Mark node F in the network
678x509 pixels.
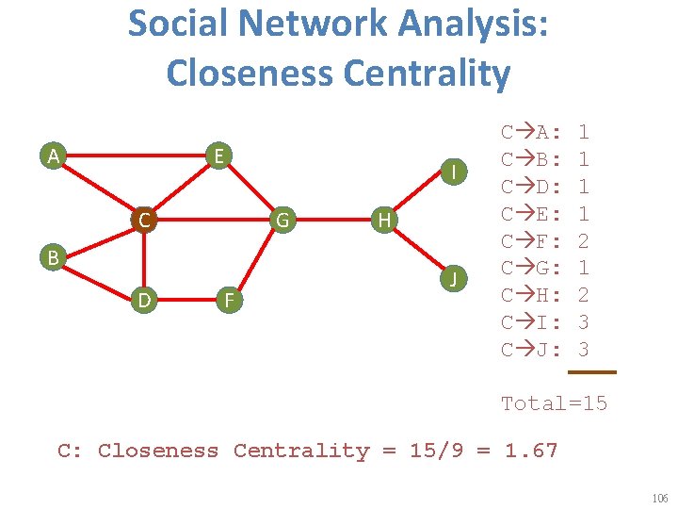pyautogui.click(x=226, y=301)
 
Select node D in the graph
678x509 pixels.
pyautogui.click(x=143, y=301)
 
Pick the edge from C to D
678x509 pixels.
pyautogui.click(x=143, y=261)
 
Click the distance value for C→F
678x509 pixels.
pyautogui.click(x=584, y=240)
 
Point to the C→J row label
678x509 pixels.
pyautogui.click(x=532, y=350)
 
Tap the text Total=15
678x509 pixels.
pyautogui.click(x=554, y=403)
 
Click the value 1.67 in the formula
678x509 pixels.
pyautogui.click(x=531, y=451)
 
